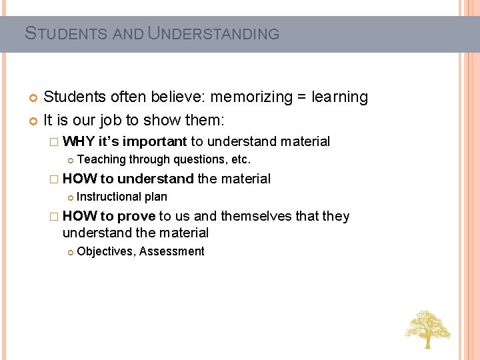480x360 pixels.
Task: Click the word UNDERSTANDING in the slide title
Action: point(213,33)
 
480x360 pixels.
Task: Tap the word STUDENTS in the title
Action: point(67,33)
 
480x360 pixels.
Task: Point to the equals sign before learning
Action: point(302,97)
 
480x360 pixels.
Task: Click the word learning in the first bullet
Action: point(339,97)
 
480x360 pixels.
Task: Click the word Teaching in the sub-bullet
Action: point(101,159)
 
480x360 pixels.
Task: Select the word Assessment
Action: point(172,251)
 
